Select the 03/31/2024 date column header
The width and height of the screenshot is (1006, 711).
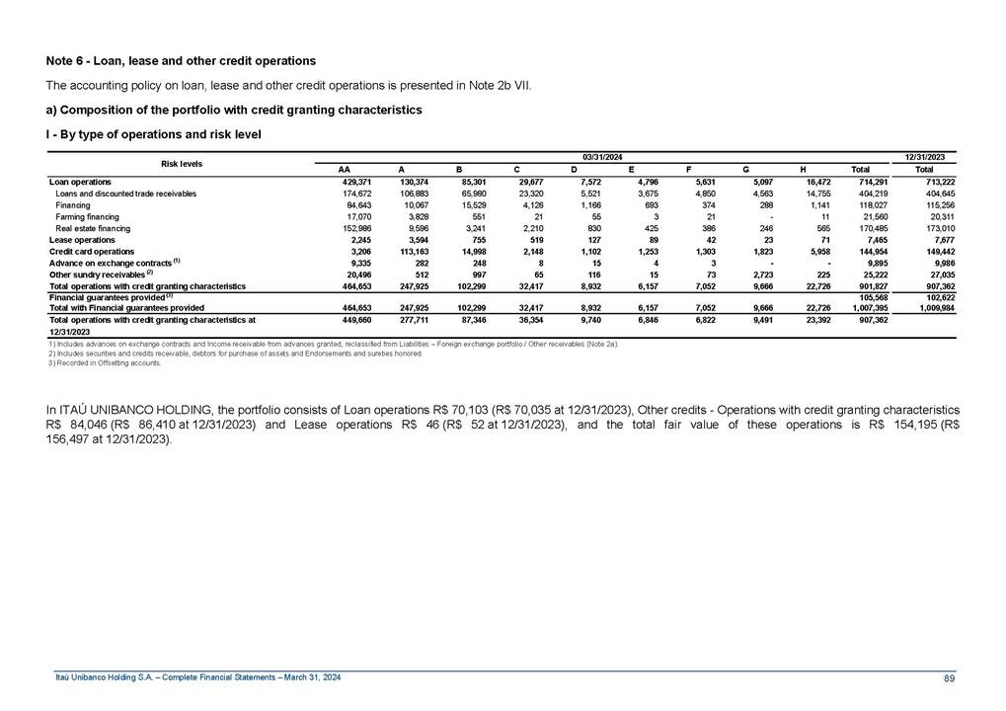[x=601, y=157]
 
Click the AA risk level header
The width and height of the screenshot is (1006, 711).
[x=345, y=169]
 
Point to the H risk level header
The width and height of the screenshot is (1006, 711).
[x=803, y=169]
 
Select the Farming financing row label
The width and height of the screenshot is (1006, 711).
[x=88, y=216]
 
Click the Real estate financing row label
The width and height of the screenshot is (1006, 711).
[x=93, y=228]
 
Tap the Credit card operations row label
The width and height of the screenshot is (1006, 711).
[x=92, y=252]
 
